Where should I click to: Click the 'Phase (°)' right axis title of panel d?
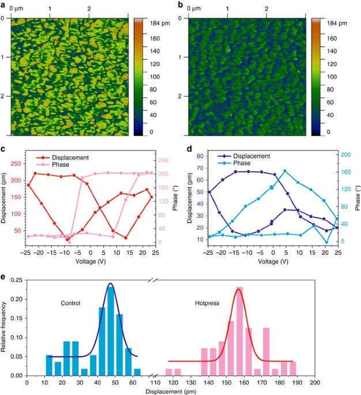(356, 197)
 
